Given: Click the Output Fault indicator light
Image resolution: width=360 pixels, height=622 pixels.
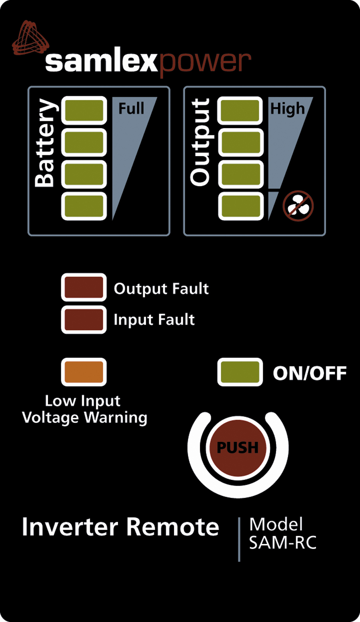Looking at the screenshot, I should pos(84,287).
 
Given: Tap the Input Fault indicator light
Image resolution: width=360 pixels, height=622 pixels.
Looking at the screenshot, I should pos(84,319).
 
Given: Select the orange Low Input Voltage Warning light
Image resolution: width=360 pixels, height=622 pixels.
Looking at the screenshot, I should pos(84,372).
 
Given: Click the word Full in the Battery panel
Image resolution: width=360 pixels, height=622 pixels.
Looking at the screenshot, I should pos(131,108).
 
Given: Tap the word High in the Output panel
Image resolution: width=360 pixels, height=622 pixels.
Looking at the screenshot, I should pos(287,108).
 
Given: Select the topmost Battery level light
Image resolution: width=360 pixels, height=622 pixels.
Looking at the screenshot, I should pos(84,110).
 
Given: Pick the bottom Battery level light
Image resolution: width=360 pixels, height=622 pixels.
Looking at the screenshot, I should pos(84,206).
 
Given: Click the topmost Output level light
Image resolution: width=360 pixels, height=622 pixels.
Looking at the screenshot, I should pos(240,110).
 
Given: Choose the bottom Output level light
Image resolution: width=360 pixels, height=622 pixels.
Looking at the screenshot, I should pos(240,206).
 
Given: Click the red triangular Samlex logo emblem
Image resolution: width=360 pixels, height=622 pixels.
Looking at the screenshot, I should pos(30,38).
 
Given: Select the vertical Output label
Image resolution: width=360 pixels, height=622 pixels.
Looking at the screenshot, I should pos(200,142).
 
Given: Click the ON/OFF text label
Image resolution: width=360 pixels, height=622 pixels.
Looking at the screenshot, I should pos(310,373).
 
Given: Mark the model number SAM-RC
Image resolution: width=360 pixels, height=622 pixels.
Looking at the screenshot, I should pos(282,543).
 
